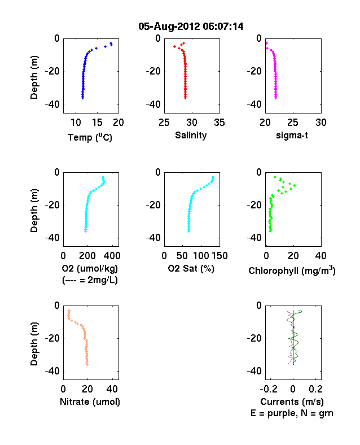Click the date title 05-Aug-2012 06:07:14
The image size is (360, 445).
191,27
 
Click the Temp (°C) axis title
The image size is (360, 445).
90,137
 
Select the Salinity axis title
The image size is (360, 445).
191,136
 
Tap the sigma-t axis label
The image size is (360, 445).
292,136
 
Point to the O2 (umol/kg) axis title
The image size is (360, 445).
90,268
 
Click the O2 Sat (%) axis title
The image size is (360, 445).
191,268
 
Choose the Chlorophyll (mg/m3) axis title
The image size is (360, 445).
292,271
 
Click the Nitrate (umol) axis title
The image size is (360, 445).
90,402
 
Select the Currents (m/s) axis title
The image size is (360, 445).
292,402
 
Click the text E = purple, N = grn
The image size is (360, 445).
292,413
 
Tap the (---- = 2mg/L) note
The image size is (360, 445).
90,280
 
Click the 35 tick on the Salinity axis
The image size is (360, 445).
219,123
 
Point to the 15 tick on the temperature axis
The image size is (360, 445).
97,123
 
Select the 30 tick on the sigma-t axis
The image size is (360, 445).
321,123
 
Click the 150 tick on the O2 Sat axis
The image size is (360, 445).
219,256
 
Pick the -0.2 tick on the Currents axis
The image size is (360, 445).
269,389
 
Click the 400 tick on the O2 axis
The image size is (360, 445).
112,256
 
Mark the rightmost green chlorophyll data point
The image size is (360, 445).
294,186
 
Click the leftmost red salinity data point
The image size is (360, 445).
174,46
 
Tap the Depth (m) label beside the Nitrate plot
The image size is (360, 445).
34,344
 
